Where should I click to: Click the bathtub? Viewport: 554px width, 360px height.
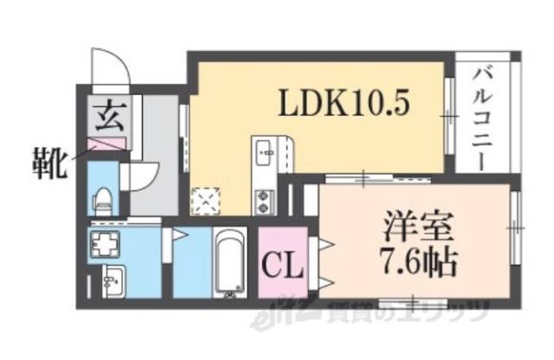[x=230, y=262]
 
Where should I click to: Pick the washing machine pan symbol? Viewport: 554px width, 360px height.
[x=106, y=246]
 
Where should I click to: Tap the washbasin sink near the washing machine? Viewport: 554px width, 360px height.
[x=110, y=281]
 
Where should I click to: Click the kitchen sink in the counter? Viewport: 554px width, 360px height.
[x=265, y=156]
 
